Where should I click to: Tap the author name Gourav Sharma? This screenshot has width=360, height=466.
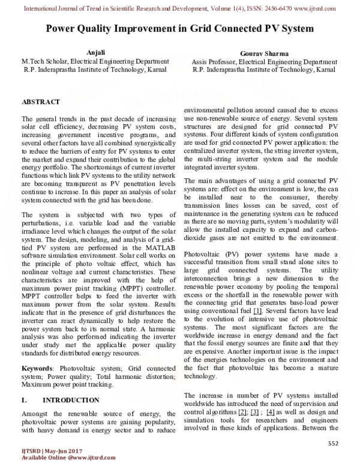tap(265, 53)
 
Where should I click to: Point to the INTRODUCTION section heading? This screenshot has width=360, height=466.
tap(70, 399)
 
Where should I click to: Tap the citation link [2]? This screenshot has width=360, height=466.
tap(242, 413)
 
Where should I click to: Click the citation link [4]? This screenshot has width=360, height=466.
tap(271, 413)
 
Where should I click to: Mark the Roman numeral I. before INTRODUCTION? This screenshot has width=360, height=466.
tap(24, 399)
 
